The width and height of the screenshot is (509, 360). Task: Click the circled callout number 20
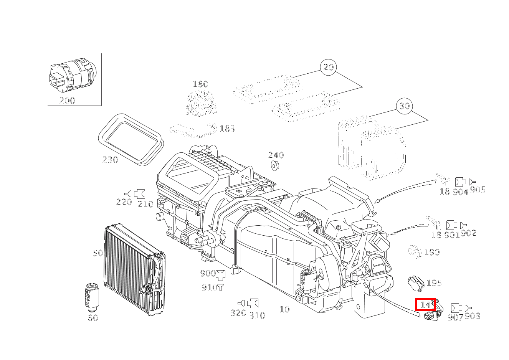pos(329,67)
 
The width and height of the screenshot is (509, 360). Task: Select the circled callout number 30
pos(405,106)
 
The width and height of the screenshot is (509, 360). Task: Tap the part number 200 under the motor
pos(67,101)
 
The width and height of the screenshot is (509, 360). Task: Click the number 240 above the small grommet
pos(276,155)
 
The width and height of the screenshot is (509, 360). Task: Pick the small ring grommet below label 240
pos(275,166)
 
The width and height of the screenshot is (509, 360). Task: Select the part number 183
pos(227,129)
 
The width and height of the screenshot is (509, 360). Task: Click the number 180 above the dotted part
pos(200,84)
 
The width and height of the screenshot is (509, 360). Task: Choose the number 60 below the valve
pos(93,318)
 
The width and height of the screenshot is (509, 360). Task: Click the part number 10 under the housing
pos(284,309)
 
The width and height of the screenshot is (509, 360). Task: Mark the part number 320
pos(238,313)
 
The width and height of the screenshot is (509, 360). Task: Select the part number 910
pos(209,287)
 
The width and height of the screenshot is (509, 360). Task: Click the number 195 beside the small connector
pos(434,283)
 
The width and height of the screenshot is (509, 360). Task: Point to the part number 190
pos(432,252)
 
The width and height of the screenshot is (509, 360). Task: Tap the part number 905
pos(478,190)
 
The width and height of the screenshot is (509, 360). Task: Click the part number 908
pos(472,316)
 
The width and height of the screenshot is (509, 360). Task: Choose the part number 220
pos(124,202)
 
